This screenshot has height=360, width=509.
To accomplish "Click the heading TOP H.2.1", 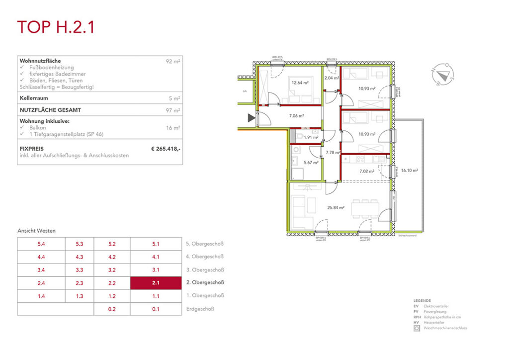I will [x=56, y=27].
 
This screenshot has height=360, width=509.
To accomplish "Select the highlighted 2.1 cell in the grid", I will [x=156, y=283].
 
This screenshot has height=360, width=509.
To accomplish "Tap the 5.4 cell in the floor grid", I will [x=41, y=244].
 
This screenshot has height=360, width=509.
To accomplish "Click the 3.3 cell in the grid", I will [x=80, y=270].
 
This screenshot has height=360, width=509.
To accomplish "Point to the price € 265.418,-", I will [x=166, y=148].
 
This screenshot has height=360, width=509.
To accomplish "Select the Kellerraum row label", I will [x=34, y=98].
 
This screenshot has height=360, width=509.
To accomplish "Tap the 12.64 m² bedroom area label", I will [x=300, y=83].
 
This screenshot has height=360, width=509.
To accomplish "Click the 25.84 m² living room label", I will [x=337, y=207].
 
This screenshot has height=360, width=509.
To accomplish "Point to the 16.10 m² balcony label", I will [x=410, y=170].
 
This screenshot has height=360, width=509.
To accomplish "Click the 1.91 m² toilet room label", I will [x=311, y=137].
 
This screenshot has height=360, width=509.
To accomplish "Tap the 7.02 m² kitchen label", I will [x=366, y=172].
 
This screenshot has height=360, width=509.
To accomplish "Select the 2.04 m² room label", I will [x=331, y=78].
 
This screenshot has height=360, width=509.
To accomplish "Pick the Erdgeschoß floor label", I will [x=200, y=309].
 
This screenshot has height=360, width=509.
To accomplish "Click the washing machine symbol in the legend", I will [x=417, y=328].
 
